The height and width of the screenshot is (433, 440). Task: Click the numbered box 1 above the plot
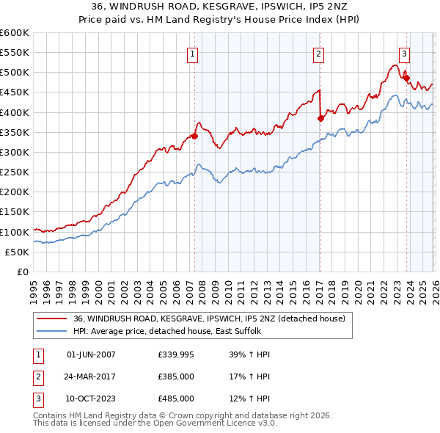[x=192, y=53]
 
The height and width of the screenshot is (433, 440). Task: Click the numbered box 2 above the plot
[x=319, y=53]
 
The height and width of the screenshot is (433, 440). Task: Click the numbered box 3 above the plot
[x=404, y=53]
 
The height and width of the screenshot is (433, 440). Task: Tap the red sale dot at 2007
[x=194, y=136]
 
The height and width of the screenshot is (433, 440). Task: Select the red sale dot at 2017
[x=320, y=118]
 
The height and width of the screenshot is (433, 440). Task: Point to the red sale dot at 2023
[x=406, y=78]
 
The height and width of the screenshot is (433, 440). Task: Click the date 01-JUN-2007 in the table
[x=91, y=354]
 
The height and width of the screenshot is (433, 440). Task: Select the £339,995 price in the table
[x=176, y=354]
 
